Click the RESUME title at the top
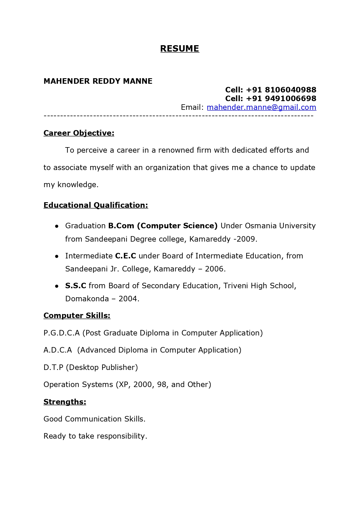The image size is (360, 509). [180, 49]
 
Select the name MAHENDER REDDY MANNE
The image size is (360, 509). [98, 81]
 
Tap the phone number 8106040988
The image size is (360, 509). [290, 90]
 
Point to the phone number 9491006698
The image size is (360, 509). [290, 98]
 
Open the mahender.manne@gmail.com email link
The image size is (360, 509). [261, 107]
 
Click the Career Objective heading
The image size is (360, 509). [79, 133]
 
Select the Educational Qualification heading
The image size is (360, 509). [96, 205]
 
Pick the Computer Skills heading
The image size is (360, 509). [77, 315]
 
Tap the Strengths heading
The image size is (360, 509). [65, 402]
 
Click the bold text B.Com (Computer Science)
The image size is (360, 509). [163, 226]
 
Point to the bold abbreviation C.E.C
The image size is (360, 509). [126, 256]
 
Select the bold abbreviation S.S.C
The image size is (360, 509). [76, 286]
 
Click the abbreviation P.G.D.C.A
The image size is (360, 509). [61, 333]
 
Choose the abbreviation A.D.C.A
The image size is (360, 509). [58, 350]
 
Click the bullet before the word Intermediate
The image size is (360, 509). [57, 256]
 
